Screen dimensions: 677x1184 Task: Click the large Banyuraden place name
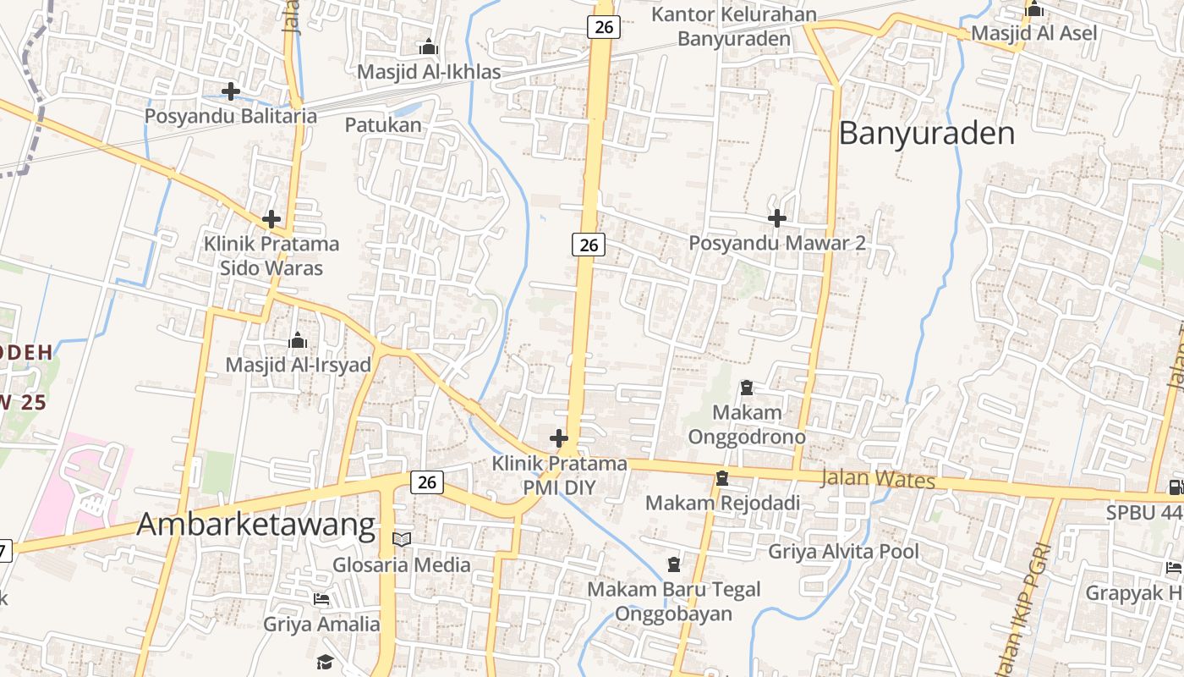tap(927, 134)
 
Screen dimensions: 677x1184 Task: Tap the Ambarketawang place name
tap(255, 525)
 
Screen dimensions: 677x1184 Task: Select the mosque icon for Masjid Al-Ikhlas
tap(429, 47)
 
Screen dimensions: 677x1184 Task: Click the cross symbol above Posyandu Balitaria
tap(230, 91)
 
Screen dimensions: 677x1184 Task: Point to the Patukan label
tap(383, 125)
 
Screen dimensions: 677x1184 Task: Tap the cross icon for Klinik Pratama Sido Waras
tap(271, 219)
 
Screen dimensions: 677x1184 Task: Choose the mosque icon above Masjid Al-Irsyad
tap(298, 340)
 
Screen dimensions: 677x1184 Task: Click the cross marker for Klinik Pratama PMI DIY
tap(558, 438)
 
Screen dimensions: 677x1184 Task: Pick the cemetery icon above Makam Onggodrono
tap(747, 388)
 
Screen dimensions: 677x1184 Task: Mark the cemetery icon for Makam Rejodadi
tap(721, 478)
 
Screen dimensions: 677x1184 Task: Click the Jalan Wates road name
tap(878, 479)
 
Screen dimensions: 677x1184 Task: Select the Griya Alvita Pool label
tap(843, 552)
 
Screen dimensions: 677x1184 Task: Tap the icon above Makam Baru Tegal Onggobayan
tap(674, 564)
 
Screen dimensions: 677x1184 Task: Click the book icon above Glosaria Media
tap(402, 539)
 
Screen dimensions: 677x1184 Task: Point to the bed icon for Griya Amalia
tap(321, 599)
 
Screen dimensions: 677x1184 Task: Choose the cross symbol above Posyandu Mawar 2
tap(776, 218)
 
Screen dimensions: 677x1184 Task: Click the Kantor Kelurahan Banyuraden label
tap(734, 26)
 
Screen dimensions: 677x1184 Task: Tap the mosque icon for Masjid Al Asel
tap(1033, 10)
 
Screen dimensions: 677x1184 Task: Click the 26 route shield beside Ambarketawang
tap(427, 482)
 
